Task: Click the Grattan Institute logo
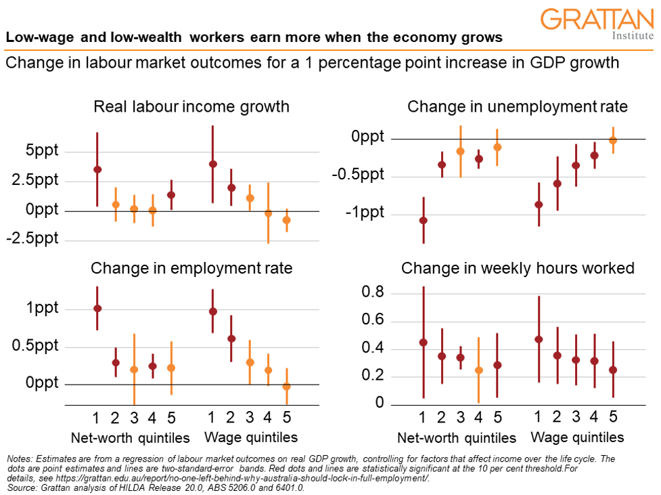click(598, 24)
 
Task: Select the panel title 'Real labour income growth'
click(191, 107)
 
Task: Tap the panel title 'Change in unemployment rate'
click(518, 107)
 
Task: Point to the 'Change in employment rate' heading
click(191, 268)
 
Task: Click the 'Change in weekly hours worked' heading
click(518, 268)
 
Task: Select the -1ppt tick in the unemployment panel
click(365, 213)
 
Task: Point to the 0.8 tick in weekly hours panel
click(371, 293)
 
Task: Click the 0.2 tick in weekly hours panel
click(371, 376)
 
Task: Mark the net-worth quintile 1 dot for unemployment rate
click(424, 220)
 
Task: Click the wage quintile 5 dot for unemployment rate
click(613, 140)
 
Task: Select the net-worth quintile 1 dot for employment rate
click(97, 308)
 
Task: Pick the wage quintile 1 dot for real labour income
click(213, 164)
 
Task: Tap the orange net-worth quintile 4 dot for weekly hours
click(479, 370)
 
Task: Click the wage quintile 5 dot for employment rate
click(286, 387)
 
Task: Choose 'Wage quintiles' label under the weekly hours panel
click(576, 437)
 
